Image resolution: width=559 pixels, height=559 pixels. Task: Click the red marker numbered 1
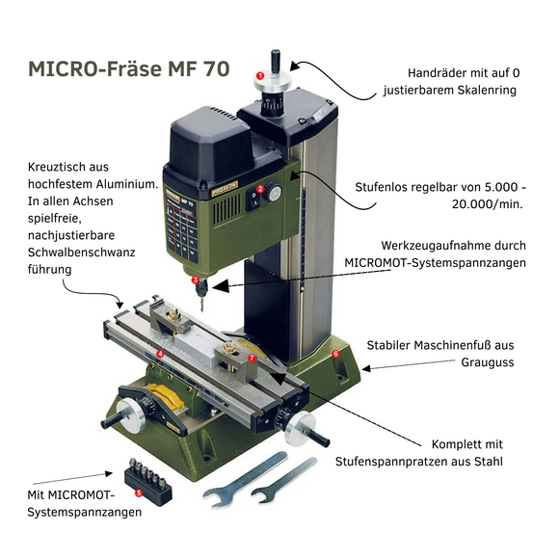pos(260,74)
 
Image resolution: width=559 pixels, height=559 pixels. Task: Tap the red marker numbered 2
pos(260,189)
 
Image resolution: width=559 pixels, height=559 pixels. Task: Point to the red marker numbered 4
pos(159,355)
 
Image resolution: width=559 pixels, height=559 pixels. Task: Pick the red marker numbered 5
pos(140,492)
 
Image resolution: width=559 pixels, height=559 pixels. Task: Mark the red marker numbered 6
pos(336,354)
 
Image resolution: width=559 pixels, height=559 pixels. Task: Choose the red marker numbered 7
pos(252,358)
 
